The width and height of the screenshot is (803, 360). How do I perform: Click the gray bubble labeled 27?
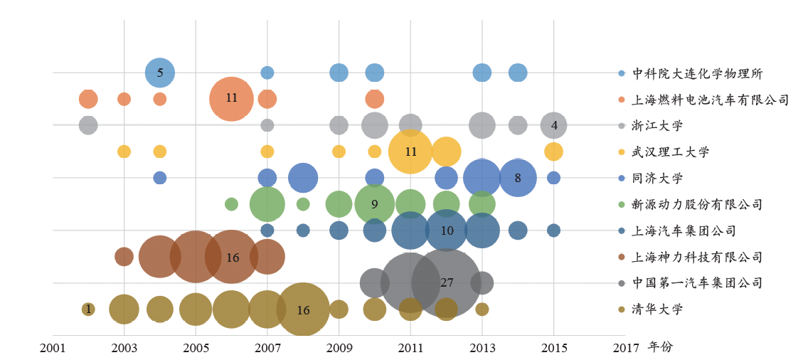(447, 282)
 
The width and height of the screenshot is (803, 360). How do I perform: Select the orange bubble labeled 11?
(231, 98)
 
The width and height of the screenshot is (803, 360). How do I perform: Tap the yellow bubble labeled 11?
(410, 152)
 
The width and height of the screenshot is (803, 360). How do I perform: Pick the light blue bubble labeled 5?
(160, 72)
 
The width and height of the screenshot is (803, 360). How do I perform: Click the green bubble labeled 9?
(375, 204)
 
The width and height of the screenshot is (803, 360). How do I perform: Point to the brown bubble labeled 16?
(232, 257)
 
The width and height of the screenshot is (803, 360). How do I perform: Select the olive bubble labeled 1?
(88, 309)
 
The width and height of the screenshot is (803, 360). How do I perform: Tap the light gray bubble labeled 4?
(554, 126)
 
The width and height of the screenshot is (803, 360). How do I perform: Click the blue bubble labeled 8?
(518, 178)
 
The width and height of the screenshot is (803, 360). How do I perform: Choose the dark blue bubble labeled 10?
(447, 231)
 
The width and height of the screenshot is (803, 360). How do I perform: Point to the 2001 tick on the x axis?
(53, 348)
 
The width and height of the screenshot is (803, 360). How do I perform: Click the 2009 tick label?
(339, 348)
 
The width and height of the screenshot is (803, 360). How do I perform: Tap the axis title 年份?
(660, 347)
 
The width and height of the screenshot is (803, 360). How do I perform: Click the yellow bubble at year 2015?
(554, 152)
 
